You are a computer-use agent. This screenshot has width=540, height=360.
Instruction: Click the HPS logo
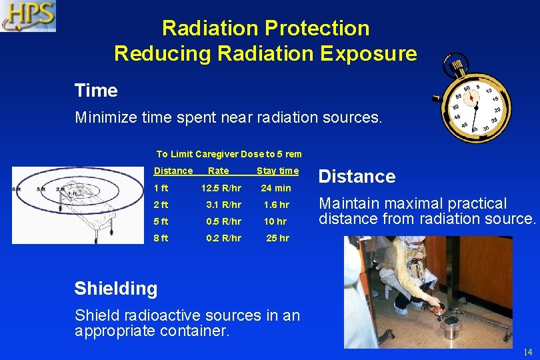click(28, 16)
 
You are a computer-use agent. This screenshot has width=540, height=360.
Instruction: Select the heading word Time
click(96, 91)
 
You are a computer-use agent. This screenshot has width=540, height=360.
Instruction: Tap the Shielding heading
click(116, 289)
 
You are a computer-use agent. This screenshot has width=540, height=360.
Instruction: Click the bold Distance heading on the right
click(357, 177)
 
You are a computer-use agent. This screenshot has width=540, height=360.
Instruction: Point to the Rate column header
click(219, 171)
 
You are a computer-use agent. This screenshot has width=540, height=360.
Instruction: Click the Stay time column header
click(277, 171)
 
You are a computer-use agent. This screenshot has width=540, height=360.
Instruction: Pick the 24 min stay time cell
click(275, 188)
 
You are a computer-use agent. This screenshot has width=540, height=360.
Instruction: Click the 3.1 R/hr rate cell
click(223, 205)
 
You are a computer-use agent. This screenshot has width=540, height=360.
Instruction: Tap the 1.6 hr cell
click(276, 205)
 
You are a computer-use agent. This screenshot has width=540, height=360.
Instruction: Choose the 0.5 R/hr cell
click(223, 221)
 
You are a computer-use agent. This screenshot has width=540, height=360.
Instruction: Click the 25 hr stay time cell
click(277, 238)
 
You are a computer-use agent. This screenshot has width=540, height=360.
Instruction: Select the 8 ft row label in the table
click(161, 238)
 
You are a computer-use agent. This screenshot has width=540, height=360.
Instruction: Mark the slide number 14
click(527, 352)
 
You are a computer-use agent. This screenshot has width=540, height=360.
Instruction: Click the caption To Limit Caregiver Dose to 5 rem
click(229, 154)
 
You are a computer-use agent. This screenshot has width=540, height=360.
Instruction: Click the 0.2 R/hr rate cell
click(223, 238)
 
